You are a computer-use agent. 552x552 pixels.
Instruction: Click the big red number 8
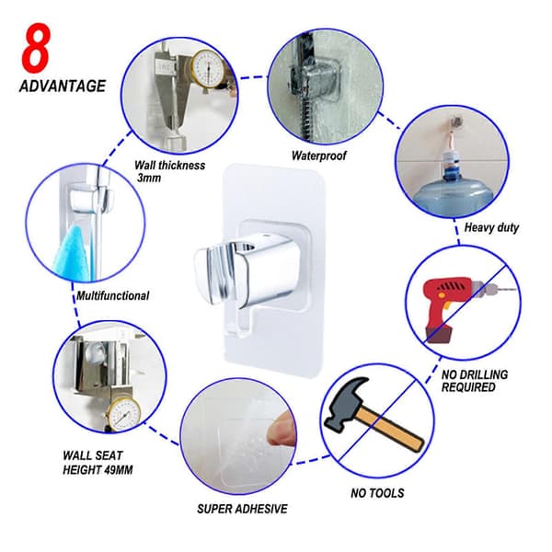(36, 48)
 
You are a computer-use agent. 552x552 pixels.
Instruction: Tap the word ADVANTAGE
(63, 86)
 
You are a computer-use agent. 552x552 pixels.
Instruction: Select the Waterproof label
(318, 155)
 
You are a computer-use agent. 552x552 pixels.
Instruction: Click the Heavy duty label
(491, 227)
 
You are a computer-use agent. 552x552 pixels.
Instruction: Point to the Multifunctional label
(113, 295)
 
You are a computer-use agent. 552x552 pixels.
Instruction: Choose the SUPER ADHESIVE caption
(242, 509)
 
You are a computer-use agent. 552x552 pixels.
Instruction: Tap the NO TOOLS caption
(377, 493)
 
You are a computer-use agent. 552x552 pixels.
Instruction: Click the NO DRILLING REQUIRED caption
(475, 381)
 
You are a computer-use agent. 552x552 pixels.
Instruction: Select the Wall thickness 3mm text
(169, 171)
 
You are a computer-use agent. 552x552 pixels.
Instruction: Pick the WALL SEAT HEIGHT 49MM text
(98, 463)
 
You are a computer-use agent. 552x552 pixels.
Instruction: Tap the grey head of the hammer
(345, 404)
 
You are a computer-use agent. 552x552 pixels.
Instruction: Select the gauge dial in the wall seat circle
(124, 415)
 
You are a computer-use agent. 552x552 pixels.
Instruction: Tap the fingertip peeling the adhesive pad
(281, 429)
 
